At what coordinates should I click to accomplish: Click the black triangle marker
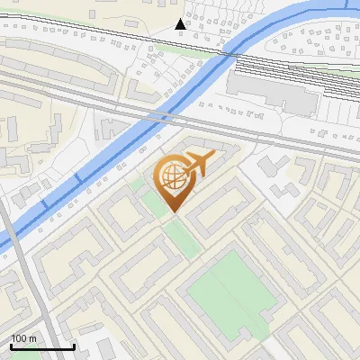180,24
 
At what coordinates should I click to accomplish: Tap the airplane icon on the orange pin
197,165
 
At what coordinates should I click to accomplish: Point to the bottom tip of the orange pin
172,212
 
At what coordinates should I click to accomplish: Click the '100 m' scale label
23,338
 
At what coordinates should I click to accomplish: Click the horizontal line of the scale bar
42,346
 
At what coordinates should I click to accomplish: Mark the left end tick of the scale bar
11,345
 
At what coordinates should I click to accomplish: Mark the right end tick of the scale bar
74,345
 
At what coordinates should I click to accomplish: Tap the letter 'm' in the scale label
33,338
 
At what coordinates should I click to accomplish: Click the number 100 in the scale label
19,338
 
